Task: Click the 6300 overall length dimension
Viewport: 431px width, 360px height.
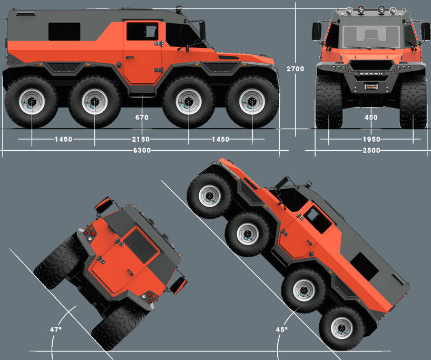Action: pyautogui.click(x=142, y=150)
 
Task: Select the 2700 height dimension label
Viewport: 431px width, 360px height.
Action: pyautogui.click(x=296, y=69)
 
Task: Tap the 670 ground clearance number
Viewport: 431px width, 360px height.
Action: pyautogui.click(x=142, y=118)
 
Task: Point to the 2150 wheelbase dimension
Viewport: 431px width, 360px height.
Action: pyautogui.click(x=141, y=140)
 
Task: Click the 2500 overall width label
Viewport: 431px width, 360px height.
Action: pyautogui.click(x=371, y=150)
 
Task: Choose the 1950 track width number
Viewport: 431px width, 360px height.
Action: pyautogui.click(x=371, y=140)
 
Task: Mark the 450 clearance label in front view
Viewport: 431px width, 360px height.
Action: pyautogui.click(x=371, y=118)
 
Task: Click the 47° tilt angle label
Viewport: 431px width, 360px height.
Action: pyautogui.click(x=56, y=329)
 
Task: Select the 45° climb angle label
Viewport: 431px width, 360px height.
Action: pyautogui.click(x=282, y=329)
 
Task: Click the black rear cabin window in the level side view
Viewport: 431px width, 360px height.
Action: pyautogui.click(x=64, y=32)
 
